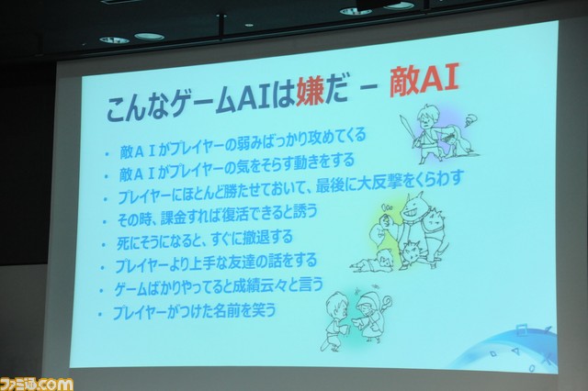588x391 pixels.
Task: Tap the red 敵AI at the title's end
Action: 424,82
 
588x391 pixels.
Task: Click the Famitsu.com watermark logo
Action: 37,384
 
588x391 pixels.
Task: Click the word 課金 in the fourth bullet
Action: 174,218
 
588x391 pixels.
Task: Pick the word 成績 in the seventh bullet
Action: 246,286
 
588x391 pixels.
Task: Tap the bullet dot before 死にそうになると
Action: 103,245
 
